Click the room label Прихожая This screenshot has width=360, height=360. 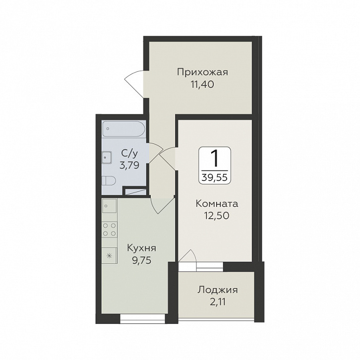(x=202, y=72)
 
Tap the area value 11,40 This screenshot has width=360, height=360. (x=202, y=84)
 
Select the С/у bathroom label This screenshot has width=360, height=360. (x=130, y=153)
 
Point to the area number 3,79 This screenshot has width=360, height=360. (x=129, y=165)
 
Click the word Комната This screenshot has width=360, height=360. (x=217, y=203)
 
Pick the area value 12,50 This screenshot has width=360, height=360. (x=217, y=215)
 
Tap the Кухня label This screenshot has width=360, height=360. (x=141, y=248)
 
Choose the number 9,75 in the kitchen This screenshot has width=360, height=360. (x=141, y=260)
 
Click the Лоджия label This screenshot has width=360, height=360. (x=217, y=290)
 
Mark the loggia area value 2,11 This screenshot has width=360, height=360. (x=217, y=302)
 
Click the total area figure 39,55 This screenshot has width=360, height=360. (x=215, y=177)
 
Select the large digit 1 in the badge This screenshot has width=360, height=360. (x=215, y=159)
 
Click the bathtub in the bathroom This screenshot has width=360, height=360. (x=123, y=129)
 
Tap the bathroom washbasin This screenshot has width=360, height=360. (x=107, y=158)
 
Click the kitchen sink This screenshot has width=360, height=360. (x=109, y=206)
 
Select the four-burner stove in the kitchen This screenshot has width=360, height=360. (x=109, y=230)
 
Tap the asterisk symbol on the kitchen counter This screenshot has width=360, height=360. (x=110, y=255)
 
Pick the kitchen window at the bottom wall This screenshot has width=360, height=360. (x=143, y=319)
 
